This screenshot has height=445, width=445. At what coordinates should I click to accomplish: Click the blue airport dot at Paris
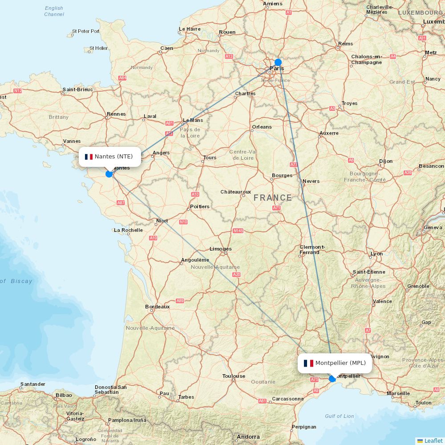pos(278,62)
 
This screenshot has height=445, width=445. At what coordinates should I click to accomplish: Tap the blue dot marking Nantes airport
pos(109,174)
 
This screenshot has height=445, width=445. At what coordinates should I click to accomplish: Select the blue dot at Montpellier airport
pos(332,379)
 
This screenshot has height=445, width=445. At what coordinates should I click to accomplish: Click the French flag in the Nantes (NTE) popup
pos(89,157)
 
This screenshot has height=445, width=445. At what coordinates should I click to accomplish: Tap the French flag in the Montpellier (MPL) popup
pos(308,363)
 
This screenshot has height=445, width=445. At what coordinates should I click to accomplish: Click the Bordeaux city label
pos(158,307)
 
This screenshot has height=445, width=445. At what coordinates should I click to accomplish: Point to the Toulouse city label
pos(234,376)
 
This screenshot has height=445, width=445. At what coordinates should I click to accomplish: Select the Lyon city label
pos(376,254)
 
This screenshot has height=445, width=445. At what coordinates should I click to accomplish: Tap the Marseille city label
pos(398,393)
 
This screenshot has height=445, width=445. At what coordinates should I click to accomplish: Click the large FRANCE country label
pos(273,198)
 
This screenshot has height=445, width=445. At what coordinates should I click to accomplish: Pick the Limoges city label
pos(221,249)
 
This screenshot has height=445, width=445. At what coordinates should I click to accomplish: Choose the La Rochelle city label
pos(128,230)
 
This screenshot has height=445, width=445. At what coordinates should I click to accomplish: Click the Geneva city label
pos(433,227)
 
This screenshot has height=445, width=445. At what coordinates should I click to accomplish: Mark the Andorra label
pos(248,437)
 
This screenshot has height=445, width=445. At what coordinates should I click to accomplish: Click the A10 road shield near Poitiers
pos(195,194)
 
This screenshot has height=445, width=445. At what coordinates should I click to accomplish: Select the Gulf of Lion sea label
pos(339,416)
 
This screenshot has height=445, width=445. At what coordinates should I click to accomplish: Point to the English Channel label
pos(54,11)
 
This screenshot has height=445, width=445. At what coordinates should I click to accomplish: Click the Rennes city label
pos(116,114)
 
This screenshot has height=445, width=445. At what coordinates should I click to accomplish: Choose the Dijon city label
pos(386,161)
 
